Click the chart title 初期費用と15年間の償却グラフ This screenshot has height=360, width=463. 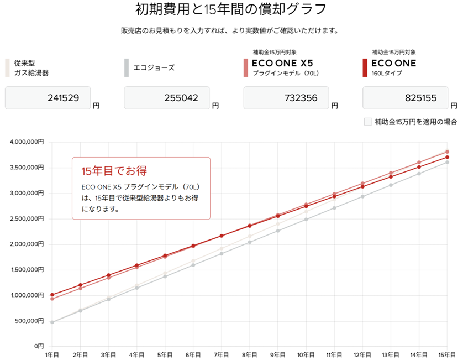231,9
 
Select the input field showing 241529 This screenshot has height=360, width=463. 48,98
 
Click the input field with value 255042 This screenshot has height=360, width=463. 167,98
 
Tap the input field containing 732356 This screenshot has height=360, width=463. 286,98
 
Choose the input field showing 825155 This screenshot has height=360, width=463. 406,98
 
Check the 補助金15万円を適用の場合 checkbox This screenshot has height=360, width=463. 368,122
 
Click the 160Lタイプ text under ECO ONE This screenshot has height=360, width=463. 387,73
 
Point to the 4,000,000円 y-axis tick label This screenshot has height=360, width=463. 26,142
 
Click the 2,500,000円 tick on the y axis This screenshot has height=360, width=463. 26,218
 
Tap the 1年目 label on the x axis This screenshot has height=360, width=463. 52,354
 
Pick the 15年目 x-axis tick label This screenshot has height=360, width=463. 446,354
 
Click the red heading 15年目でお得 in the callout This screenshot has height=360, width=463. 114,170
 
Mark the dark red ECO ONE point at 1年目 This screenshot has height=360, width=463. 52,295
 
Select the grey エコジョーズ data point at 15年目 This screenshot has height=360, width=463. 447,162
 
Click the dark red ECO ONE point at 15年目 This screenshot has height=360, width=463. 447,157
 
